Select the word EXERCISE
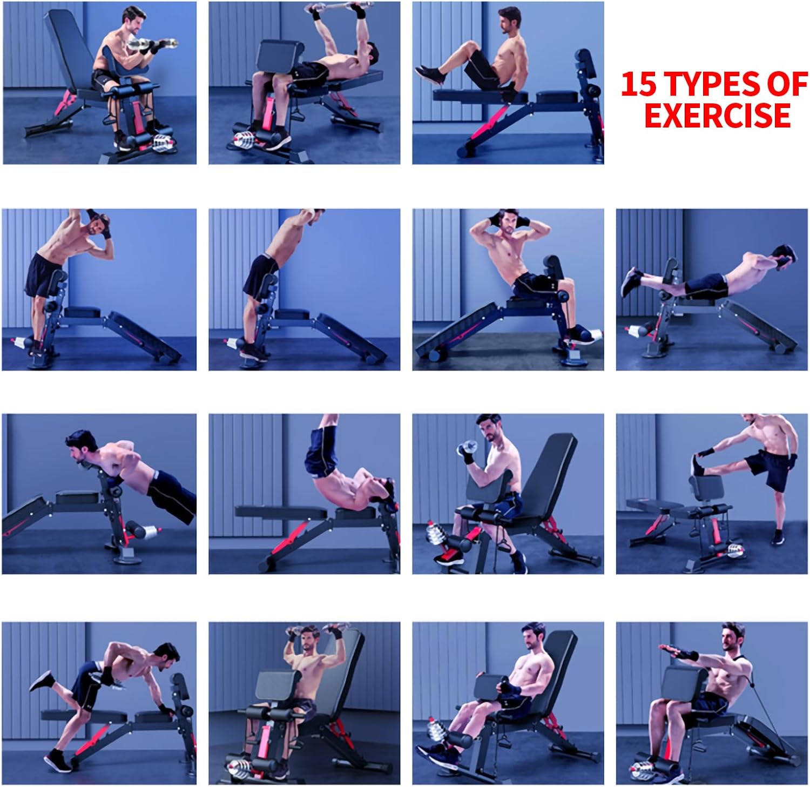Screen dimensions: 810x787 (718, 115)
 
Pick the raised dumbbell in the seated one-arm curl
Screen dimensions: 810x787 (467, 447)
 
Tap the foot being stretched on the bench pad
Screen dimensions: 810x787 (697, 465)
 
